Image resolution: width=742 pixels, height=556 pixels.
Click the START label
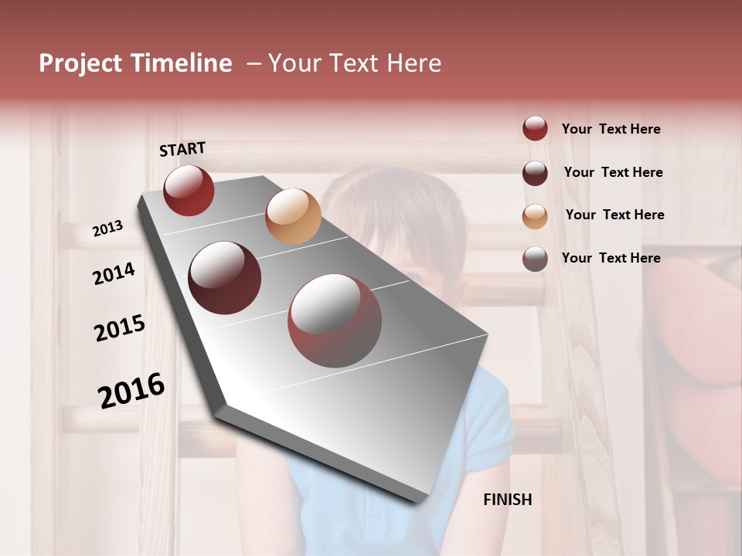tap(182, 149)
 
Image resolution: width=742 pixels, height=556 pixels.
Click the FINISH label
tap(508, 500)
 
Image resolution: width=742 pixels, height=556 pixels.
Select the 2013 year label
tap(108, 229)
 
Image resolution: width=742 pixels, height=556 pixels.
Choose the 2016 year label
tap(131, 391)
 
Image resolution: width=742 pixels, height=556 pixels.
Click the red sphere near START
tap(189, 190)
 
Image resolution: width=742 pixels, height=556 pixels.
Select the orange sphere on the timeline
tap(293, 216)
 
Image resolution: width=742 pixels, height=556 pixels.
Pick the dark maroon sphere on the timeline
tap(225, 278)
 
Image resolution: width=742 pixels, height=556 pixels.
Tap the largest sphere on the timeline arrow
tap(335, 320)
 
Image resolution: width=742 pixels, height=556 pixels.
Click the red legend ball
tap(535, 129)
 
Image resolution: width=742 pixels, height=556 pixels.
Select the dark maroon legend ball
tap(535, 173)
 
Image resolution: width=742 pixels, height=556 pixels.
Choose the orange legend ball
tap(535, 216)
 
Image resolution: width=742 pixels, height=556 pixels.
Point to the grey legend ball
tap(535, 259)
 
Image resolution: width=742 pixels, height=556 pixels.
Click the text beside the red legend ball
tap(611, 129)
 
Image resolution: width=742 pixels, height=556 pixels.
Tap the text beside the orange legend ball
tap(615, 215)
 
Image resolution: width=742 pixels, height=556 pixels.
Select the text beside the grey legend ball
tap(611, 258)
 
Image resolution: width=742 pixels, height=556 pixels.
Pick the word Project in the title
tap(80, 63)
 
